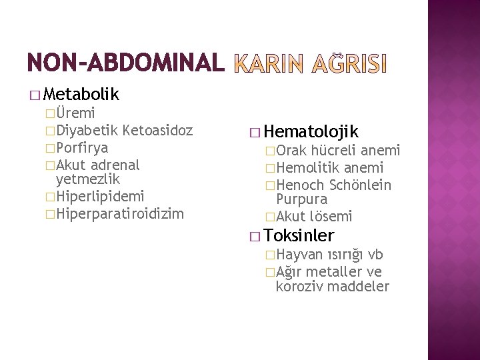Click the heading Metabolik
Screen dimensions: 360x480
coord(84,95)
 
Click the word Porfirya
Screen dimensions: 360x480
coord(82,147)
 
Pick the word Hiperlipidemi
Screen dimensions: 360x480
coord(101,196)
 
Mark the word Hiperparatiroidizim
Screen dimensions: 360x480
coord(121,213)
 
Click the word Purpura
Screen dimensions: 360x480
coord(301,199)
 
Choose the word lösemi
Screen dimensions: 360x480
coord(330,216)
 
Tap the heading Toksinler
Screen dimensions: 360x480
coord(299,235)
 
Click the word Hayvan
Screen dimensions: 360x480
coord(299,254)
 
